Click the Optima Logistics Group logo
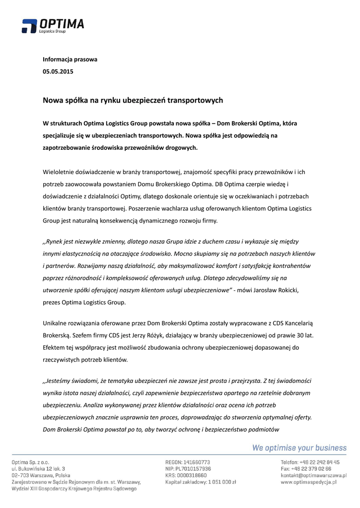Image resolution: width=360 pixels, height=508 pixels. tap(53, 26)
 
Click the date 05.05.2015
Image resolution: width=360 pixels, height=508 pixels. tap(58, 72)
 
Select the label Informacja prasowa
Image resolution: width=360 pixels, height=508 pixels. tap(70, 60)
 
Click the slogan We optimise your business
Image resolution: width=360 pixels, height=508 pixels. tap(299, 448)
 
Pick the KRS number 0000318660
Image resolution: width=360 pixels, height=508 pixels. tap(194, 475)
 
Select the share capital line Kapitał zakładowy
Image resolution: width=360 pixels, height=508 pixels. tap(201, 482)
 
